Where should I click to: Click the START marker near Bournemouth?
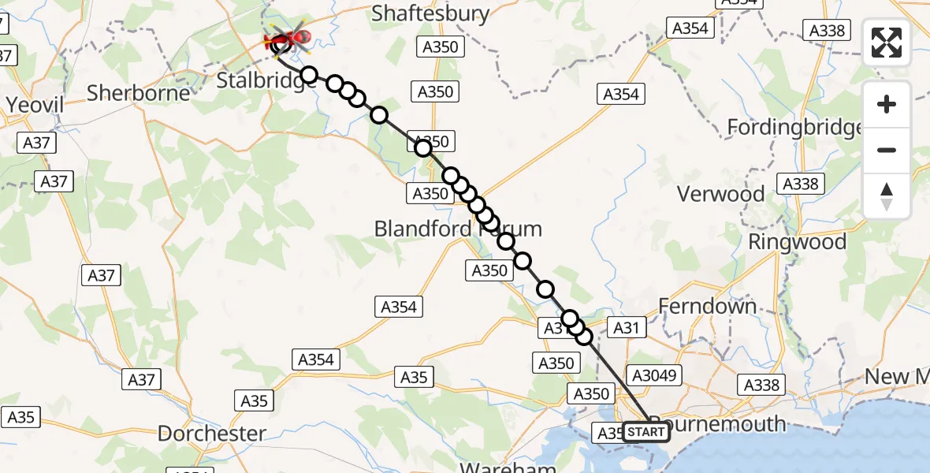(645, 432)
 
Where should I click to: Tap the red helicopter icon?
(288, 36)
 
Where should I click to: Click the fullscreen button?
(887, 43)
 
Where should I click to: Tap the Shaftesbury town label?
(430, 13)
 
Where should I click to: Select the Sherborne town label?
(138, 93)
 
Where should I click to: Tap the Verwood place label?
(721, 194)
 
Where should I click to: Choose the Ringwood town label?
(798, 242)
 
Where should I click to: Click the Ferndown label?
(707, 307)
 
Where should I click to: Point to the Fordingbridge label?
(794, 127)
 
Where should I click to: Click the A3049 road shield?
(653, 375)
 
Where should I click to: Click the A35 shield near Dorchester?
(254, 401)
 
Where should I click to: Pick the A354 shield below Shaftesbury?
(621, 95)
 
